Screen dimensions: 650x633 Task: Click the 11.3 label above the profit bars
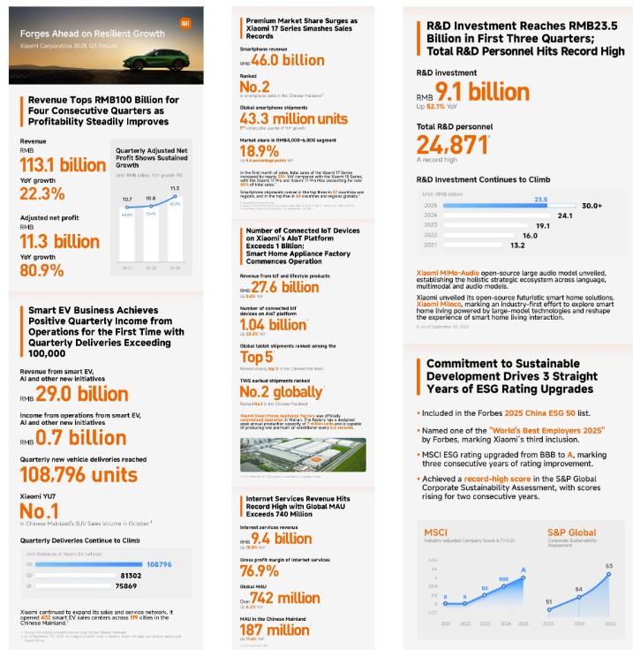coord(175,188)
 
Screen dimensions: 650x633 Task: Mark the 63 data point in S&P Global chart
coord(608,566)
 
